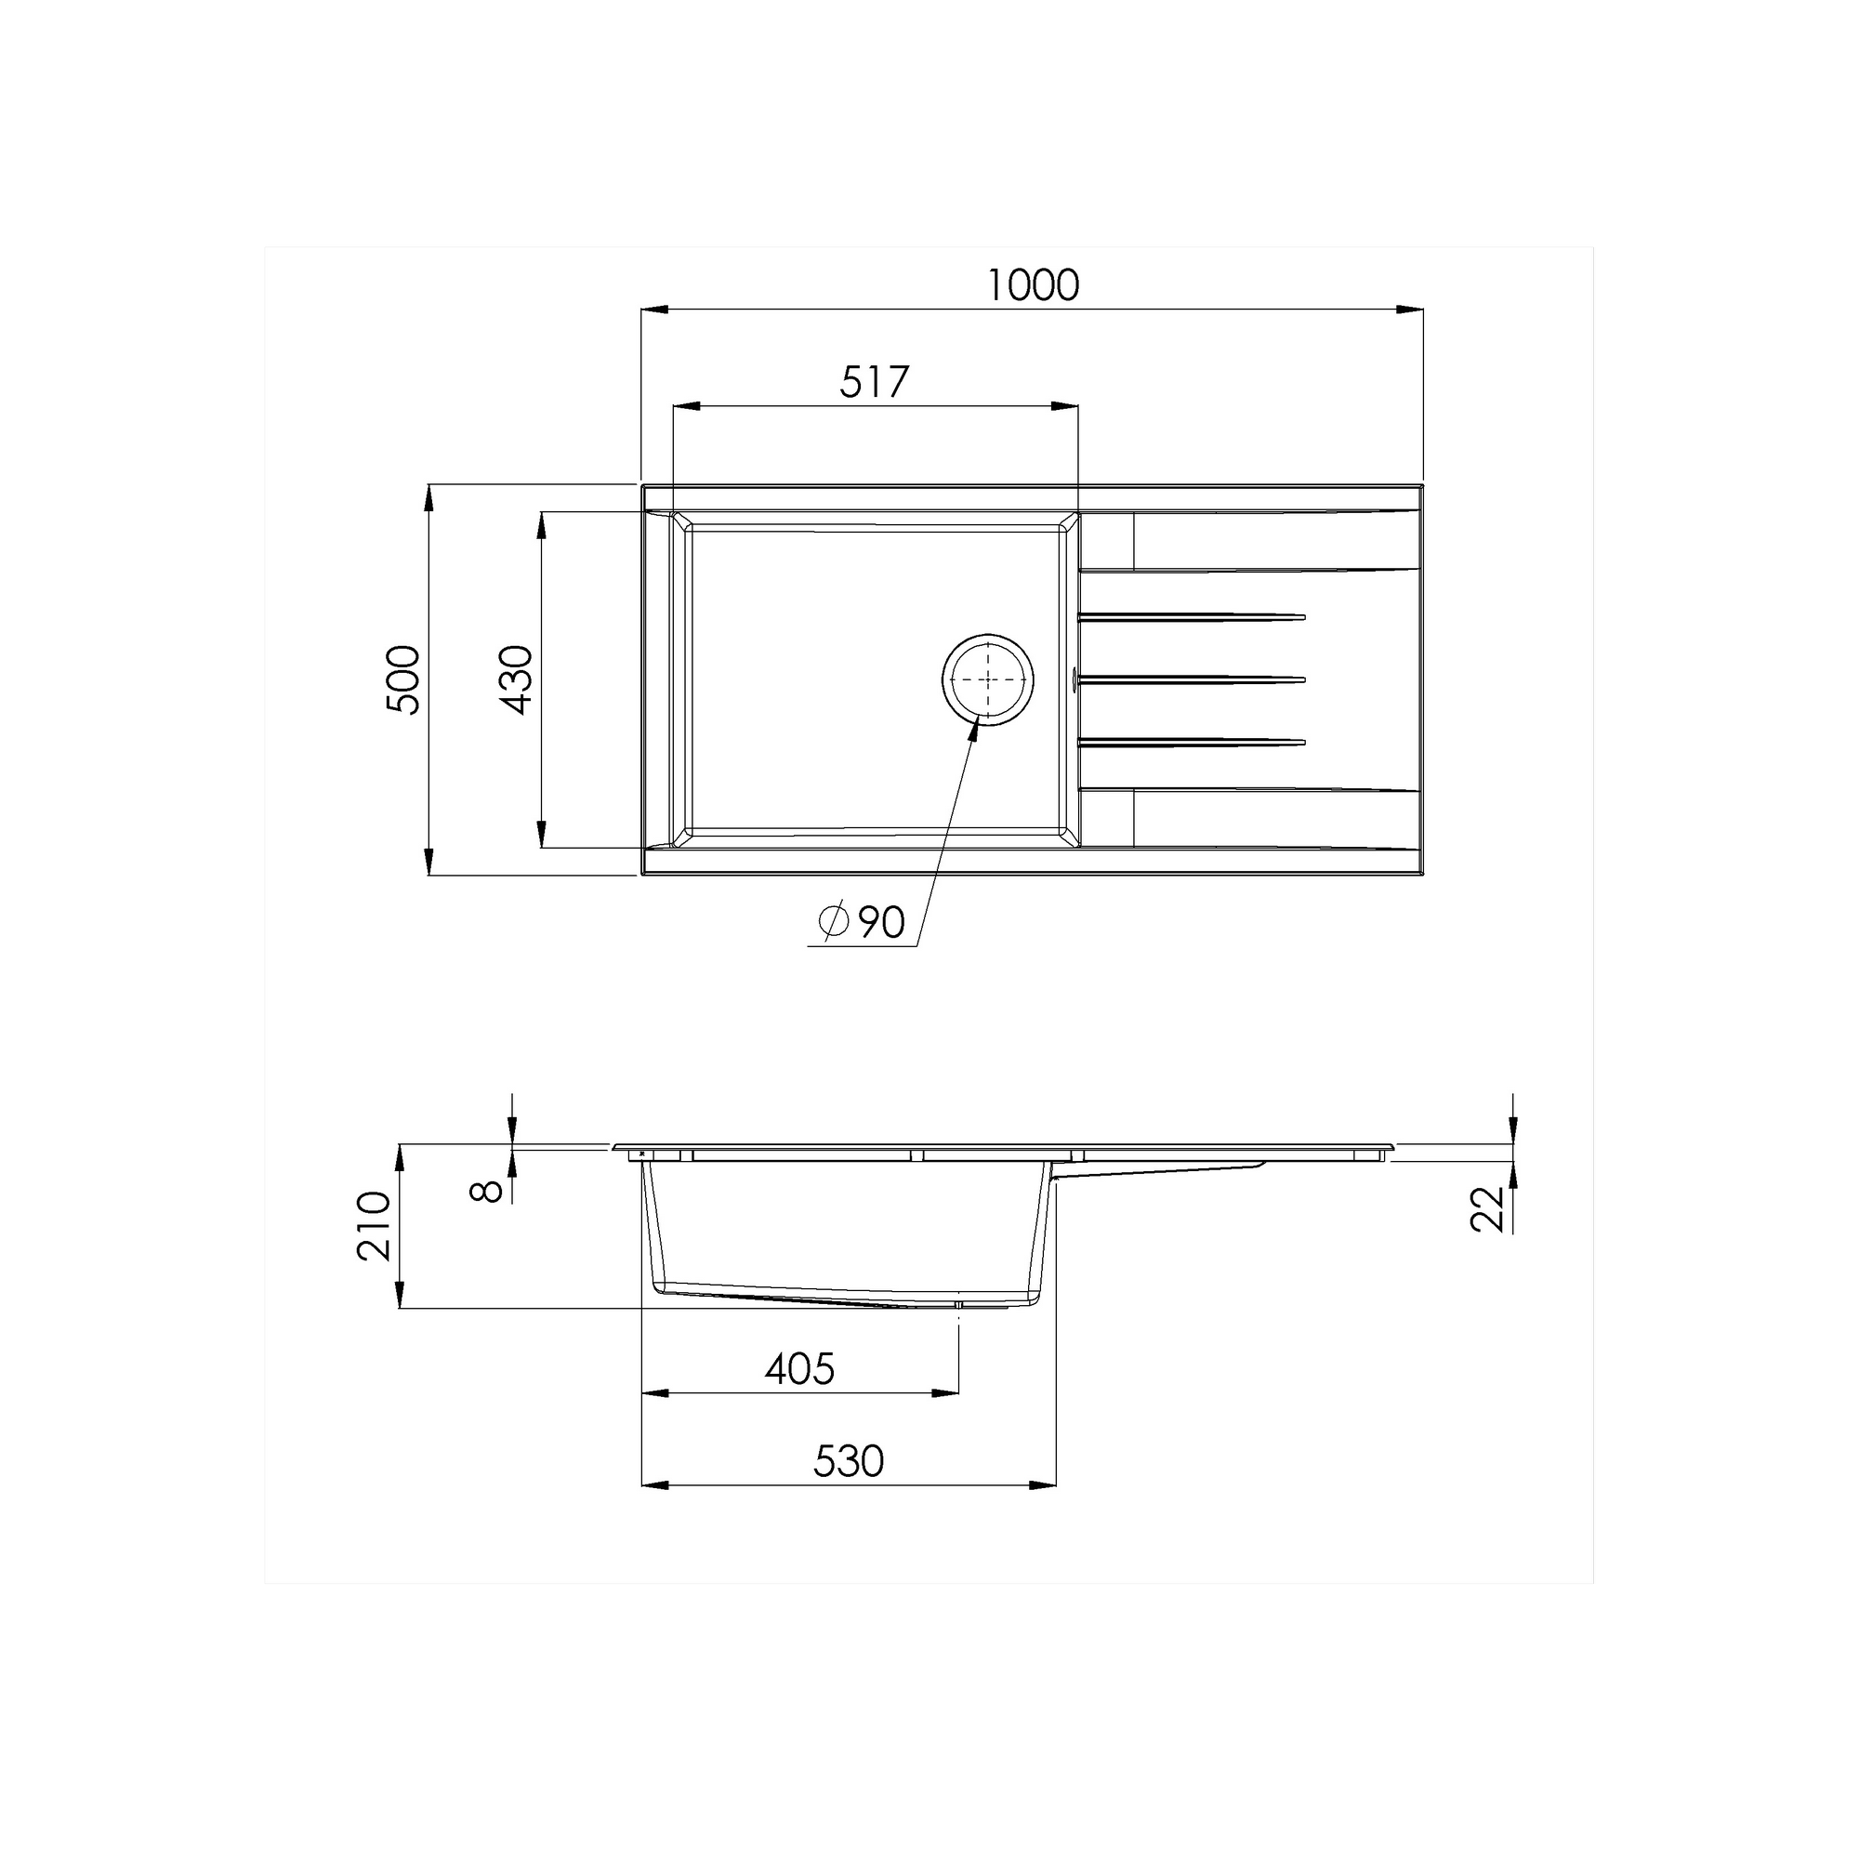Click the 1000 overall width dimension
click(1034, 285)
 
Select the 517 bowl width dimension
click(874, 383)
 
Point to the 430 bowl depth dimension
click(517, 679)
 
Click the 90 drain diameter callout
click(881, 923)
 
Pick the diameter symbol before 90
click(833, 922)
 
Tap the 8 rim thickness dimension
click(487, 1192)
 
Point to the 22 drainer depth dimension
click(1486, 1208)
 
